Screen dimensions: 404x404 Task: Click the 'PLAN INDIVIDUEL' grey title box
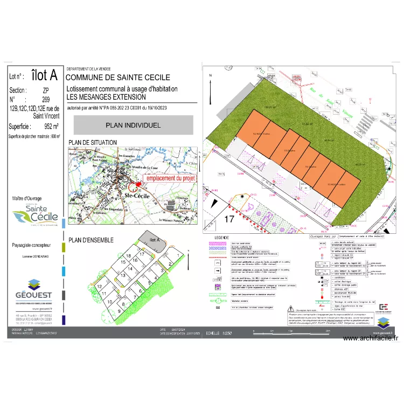pyautogui.click(x=133, y=125)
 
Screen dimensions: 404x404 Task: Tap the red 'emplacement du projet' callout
pyautogui.click(x=171, y=178)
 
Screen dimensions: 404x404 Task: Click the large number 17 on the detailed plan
pyautogui.click(x=229, y=219)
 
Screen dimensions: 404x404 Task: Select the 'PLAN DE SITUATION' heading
pyautogui.click(x=92, y=142)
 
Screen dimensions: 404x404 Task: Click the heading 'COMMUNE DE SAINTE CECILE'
pyautogui.click(x=117, y=78)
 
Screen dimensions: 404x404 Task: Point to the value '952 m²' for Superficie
pyautogui.click(x=46, y=127)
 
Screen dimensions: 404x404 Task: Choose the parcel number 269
pyautogui.click(x=46, y=100)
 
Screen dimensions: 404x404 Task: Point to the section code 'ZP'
pyautogui.click(x=46, y=90)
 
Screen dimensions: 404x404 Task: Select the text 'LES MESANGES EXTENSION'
pyautogui.click(x=106, y=97)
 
